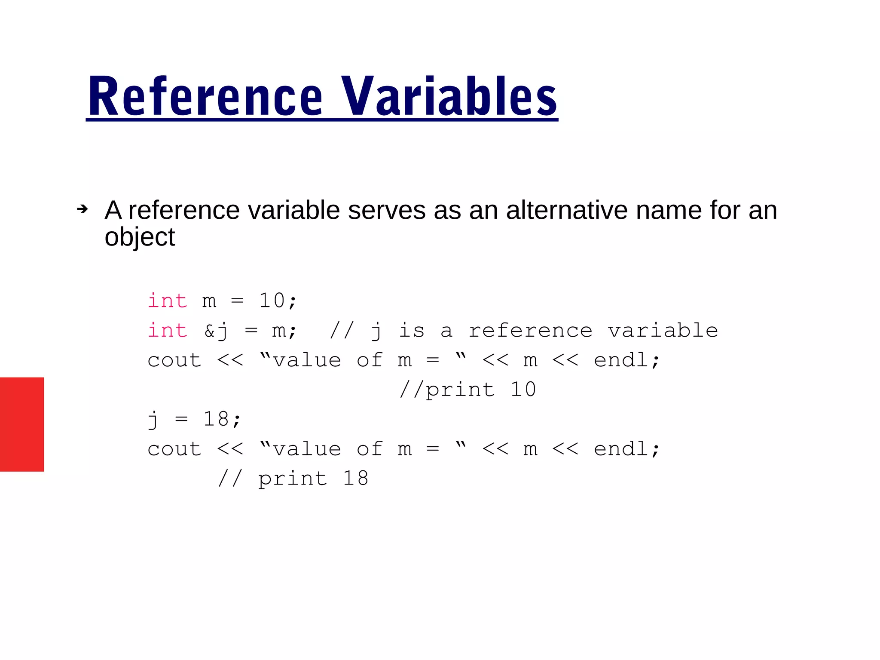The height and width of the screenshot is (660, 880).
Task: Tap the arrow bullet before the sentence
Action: pyautogui.click(x=82, y=209)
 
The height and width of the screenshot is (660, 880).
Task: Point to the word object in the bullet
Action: pyautogui.click(x=140, y=237)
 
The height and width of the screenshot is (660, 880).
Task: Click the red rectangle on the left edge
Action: pyautogui.click(x=22, y=424)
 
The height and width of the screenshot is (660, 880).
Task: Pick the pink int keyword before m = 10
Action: pyautogui.click(x=167, y=301)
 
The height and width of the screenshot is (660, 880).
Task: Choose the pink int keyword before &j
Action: pyautogui.click(x=167, y=330)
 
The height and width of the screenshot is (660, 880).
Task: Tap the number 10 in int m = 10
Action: pyautogui.click(x=272, y=301)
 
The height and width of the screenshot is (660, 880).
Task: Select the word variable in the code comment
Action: pyautogui.click(x=663, y=330)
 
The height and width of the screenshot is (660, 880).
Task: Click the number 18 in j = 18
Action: pyautogui.click(x=216, y=419)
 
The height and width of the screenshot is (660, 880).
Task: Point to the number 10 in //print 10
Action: pyautogui.click(x=523, y=390)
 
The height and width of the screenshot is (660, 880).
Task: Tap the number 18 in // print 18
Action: pyautogui.click(x=355, y=478)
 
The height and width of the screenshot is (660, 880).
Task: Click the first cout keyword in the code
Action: pyautogui.click(x=174, y=360)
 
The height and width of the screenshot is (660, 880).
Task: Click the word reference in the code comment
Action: pyautogui.click(x=530, y=330)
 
